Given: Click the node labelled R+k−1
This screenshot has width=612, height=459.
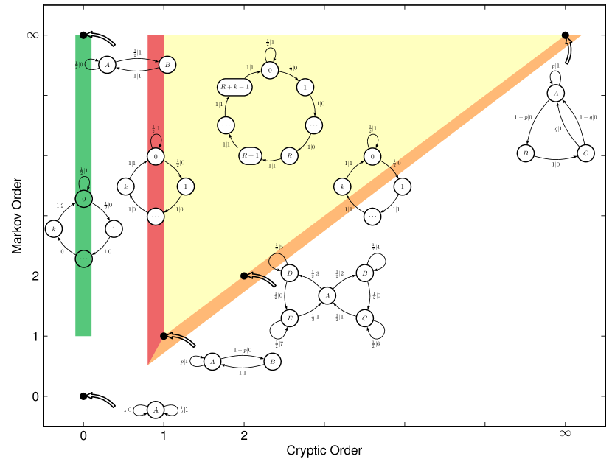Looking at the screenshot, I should [x=234, y=87].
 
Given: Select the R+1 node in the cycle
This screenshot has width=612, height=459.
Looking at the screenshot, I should [x=250, y=156].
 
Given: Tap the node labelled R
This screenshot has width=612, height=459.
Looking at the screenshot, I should [x=289, y=156].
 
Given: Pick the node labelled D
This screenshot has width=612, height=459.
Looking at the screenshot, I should [x=289, y=273].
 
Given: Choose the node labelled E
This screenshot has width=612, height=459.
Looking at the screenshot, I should [x=289, y=318].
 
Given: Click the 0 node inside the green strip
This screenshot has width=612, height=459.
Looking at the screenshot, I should [x=83, y=199].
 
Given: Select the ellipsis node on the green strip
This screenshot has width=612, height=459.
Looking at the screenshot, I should [x=83, y=259].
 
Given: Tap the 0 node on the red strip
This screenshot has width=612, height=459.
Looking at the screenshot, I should [x=156, y=156].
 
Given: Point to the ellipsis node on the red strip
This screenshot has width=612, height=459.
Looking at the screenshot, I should [x=156, y=217].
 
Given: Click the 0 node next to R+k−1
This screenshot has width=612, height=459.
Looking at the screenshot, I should [x=270, y=70].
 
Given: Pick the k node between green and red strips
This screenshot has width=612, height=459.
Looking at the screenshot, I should [x=125, y=186].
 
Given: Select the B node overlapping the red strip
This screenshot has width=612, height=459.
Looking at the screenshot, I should [x=167, y=65].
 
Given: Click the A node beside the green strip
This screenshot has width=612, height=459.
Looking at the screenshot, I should [x=107, y=65].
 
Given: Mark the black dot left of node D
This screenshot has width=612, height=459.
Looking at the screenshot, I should [x=244, y=276].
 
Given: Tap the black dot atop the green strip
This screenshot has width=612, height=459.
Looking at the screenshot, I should [x=83, y=35].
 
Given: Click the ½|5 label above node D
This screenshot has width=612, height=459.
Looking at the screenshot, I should [x=279, y=247].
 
